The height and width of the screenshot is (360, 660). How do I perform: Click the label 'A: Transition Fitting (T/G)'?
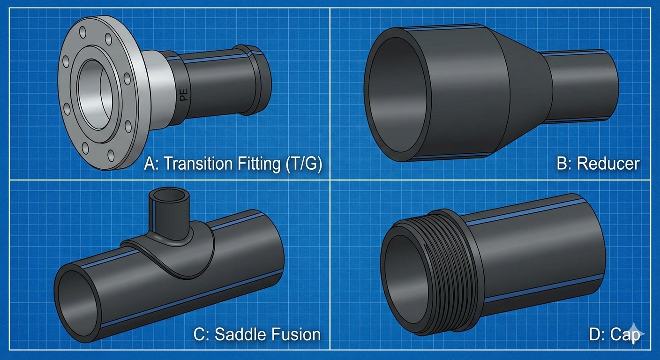pyautogui.click(x=233, y=164)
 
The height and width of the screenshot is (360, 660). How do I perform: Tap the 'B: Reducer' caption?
pyautogui.click(x=598, y=164)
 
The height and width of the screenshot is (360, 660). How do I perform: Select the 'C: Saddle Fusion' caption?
pyautogui.click(x=257, y=334)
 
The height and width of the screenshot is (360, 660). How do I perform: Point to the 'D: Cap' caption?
pyautogui.click(x=614, y=334)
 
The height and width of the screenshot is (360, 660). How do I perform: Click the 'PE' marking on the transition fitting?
pyautogui.click(x=184, y=95)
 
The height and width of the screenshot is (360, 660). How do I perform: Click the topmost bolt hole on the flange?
pyautogui.click(x=83, y=32)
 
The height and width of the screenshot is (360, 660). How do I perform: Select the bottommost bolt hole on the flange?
pyautogui.click(x=111, y=155)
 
